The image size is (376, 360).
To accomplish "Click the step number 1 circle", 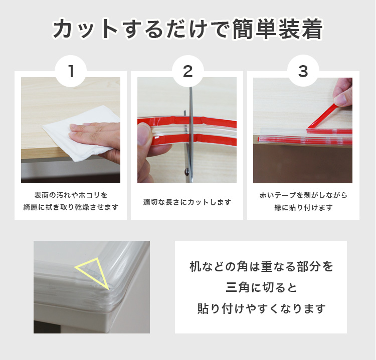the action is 71,71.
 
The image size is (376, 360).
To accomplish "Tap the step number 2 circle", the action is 188,71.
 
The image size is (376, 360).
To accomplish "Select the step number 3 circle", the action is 303,71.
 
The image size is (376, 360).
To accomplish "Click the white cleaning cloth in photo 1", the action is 79,134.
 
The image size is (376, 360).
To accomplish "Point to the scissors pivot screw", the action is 186,171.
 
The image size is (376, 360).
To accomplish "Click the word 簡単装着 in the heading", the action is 277,29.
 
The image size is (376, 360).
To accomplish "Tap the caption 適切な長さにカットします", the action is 187,202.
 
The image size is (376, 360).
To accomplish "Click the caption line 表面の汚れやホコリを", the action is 71,195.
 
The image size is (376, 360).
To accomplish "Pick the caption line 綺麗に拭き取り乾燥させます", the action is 71,207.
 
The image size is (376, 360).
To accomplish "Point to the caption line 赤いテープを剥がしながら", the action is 303,195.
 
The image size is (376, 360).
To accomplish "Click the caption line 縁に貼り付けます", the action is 303,207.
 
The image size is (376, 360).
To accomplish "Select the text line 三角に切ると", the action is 261,287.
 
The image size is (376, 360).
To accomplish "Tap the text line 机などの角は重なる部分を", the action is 261,266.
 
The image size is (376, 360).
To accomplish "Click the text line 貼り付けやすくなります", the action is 261,308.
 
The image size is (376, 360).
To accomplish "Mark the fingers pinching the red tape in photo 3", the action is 343,92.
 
